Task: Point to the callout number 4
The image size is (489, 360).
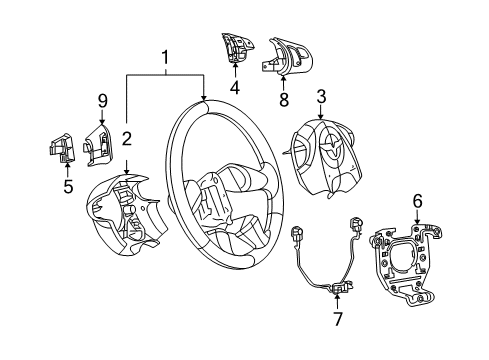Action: coord(235,87)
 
